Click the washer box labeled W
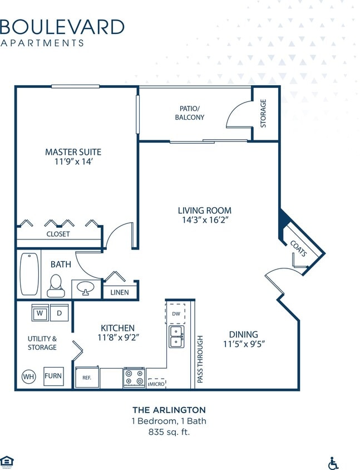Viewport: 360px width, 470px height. coord(40,312)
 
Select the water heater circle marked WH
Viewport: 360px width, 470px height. coord(29,376)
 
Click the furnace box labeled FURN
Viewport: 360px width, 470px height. coord(53,376)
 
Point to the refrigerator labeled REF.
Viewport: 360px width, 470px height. coord(87,378)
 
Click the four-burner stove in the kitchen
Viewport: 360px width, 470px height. coord(134,378)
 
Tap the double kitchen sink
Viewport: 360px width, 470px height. coord(176,336)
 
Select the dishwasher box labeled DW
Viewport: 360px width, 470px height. coord(176,314)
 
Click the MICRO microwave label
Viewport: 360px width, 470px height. coord(155,384)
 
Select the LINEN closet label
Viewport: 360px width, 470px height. coord(119,292)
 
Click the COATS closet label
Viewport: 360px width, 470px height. coord(299,248)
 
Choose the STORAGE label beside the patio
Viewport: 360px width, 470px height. coord(263,114)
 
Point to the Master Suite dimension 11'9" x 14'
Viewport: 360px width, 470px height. coord(73,162)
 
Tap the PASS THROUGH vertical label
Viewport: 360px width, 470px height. coord(200,359)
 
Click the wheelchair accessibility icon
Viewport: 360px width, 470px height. coord(334,463)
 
